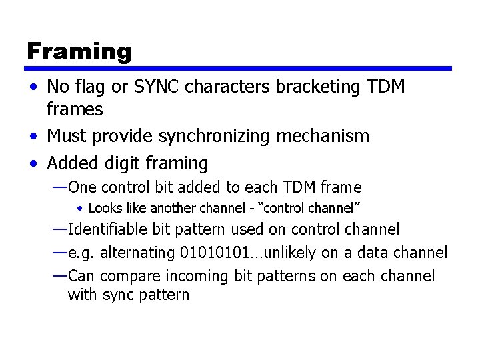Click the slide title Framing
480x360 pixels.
point(79,51)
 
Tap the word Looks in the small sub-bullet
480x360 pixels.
point(103,208)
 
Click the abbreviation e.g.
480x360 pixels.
point(81,253)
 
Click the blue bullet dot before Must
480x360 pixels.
point(33,137)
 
